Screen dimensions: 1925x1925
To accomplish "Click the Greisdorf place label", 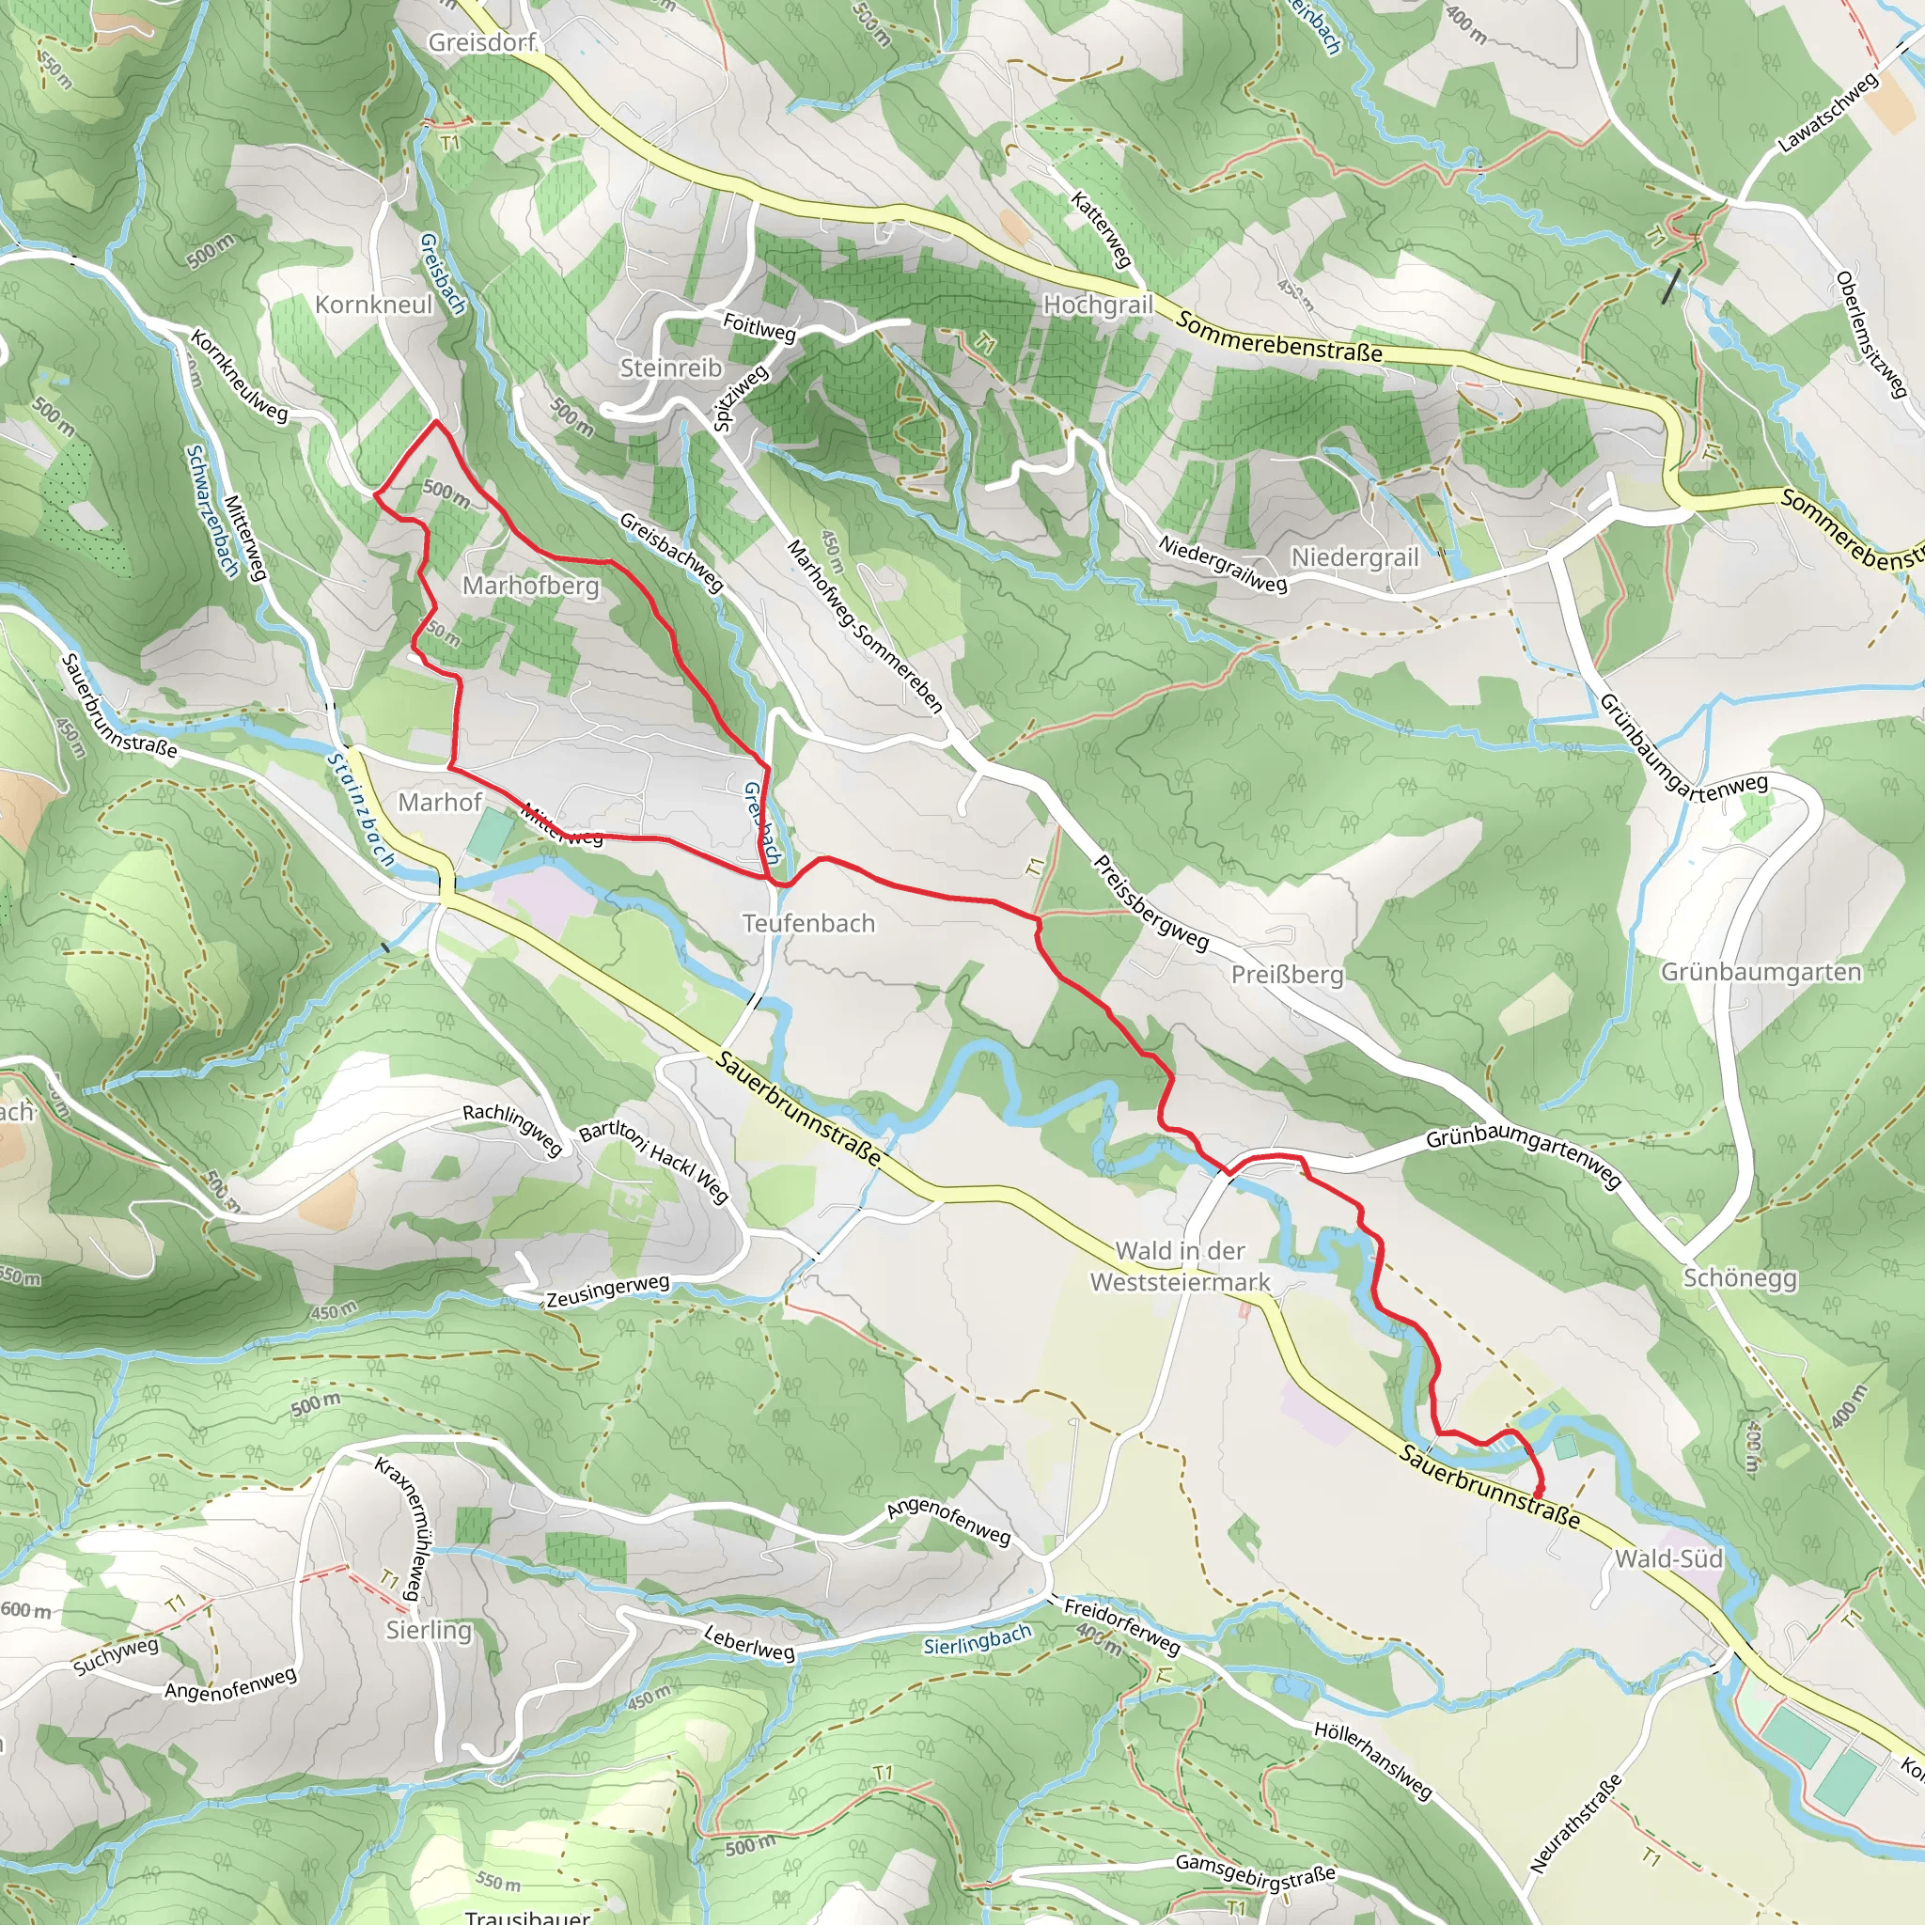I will pyautogui.click(x=482, y=42).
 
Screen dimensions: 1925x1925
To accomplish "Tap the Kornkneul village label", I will pyautogui.click(x=375, y=304).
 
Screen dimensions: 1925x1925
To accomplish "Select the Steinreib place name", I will pyautogui.click(x=670, y=368).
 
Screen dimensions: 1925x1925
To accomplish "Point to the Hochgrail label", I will pyautogui.click(x=1097, y=305).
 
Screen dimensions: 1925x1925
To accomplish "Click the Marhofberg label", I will pyautogui.click(x=530, y=585).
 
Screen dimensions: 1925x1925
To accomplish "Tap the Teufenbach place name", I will pyautogui.click(x=808, y=923).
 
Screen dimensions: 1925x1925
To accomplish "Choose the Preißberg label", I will pyautogui.click(x=1288, y=974).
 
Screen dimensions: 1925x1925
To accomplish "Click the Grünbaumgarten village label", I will pyautogui.click(x=1761, y=972).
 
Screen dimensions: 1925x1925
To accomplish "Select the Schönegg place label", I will pyautogui.click(x=1740, y=1277).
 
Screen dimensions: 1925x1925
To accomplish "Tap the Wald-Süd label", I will pyautogui.click(x=1668, y=1558).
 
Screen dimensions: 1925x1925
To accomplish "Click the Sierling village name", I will pyautogui.click(x=429, y=1629).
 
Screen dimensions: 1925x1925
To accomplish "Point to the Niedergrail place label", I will pyautogui.click(x=1354, y=557).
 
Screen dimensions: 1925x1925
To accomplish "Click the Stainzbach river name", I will pyautogui.click(x=361, y=808).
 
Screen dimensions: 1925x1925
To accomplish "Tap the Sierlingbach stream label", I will pyautogui.click(x=977, y=1640).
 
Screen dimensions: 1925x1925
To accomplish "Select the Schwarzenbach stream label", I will pyautogui.click(x=212, y=510).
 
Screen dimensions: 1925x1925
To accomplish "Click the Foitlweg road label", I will pyautogui.click(x=759, y=326).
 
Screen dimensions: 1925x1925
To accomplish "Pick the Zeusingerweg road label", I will pyautogui.click(x=608, y=1291).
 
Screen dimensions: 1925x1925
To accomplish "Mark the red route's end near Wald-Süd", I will pyautogui.click(x=1541, y=1492).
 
